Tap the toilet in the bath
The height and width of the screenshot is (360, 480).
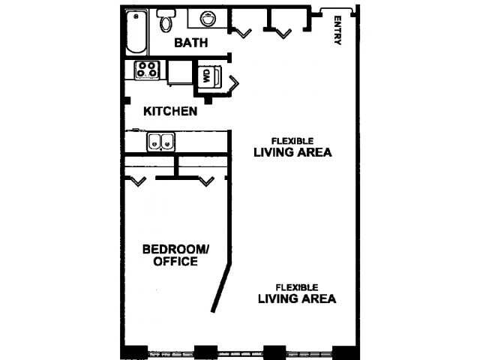pos(165,20)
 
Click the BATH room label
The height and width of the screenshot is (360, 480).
pos(191,43)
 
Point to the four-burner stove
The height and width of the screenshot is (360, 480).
pos(146,70)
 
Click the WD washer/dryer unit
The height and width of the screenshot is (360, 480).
pos(207,76)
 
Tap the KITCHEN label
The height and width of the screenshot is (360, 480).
pos(171,112)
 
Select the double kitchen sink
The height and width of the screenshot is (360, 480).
pos(160,140)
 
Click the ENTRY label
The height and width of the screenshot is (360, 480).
pos(337,31)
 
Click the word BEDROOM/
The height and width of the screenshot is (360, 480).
pos(177,249)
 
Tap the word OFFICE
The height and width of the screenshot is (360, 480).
pos(175,262)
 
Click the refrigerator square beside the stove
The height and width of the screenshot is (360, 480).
pos(180,72)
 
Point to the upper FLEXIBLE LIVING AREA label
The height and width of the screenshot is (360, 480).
pos(292,146)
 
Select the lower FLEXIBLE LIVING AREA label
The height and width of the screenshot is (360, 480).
pos(296,292)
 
